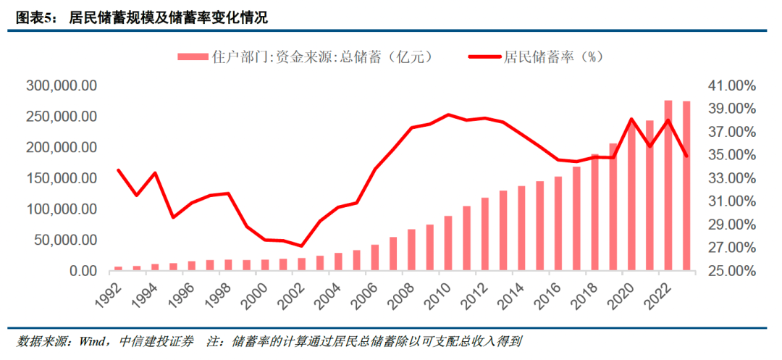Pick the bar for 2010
[448, 243]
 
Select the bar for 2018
[595, 212]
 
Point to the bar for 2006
[374, 257]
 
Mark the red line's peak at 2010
[448, 114]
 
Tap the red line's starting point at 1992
[118, 170]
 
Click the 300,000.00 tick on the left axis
[62, 85]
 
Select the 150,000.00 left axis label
[62, 178]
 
